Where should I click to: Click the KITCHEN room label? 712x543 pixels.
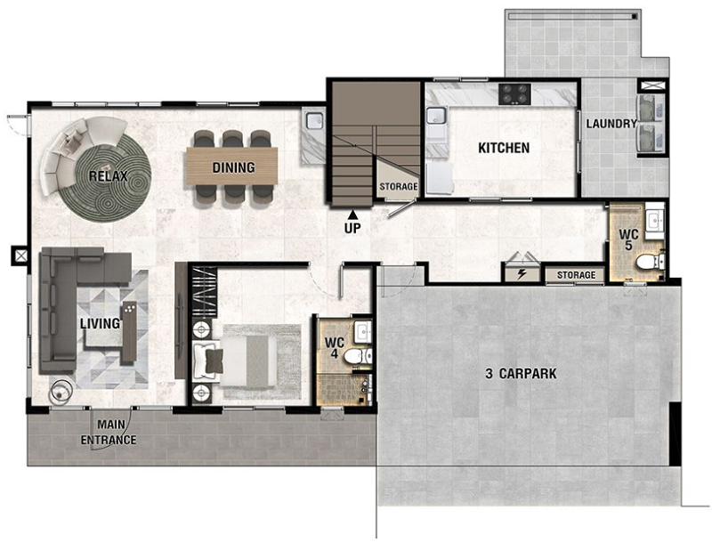click(x=504, y=148)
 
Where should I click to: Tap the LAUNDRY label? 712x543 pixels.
click(x=611, y=124)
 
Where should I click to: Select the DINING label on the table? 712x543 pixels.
click(x=233, y=167)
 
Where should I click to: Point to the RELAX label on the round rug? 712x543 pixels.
click(x=108, y=176)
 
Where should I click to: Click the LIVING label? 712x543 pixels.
click(x=100, y=323)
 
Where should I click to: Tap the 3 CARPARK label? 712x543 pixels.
click(x=521, y=374)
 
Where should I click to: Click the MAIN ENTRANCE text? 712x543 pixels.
click(x=109, y=433)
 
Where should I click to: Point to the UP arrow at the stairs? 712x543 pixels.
click(x=352, y=214)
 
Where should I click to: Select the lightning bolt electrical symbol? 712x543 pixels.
click(x=522, y=274)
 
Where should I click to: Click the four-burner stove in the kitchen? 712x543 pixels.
click(x=514, y=94)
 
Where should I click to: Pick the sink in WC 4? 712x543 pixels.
click(x=363, y=331)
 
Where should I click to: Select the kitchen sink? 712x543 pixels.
click(x=435, y=117)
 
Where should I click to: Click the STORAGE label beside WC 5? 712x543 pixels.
click(x=576, y=275)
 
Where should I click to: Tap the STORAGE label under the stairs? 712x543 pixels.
click(x=398, y=187)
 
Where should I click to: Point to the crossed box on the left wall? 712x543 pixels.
click(x=20, y=255)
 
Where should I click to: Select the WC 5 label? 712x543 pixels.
click(x=629, y=240)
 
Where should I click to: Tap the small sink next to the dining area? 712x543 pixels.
click(x=314, y=120)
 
